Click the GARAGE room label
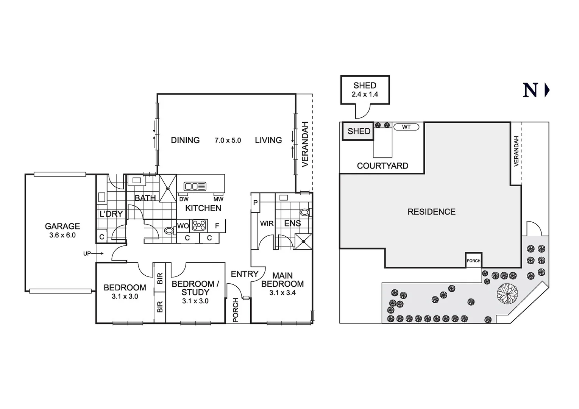[x=62, y=226]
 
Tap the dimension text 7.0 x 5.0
[x=228, y=140]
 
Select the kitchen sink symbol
[x=195, y=186]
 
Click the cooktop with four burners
[x=199, y=225]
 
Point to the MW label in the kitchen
[x=218, y=199]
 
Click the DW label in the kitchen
[x=184, y=199]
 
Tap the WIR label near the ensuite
[x=267, y=223]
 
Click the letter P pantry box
[x=256, y=203]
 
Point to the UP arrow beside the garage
[x=91, y=253]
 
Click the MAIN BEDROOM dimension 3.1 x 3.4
[x=282, y=293]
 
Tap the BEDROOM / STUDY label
[x=195, y=288]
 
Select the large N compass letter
[x=530, y=91]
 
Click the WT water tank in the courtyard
[x=406, y=127]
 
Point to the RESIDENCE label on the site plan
[x=431, y=212]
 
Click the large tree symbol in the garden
[x=507, y=293]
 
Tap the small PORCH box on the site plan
[x=473, y=261]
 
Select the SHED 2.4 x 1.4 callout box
[x=365, y=90]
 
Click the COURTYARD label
[x=382, y=166]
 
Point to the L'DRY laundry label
[x=111, y=214]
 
